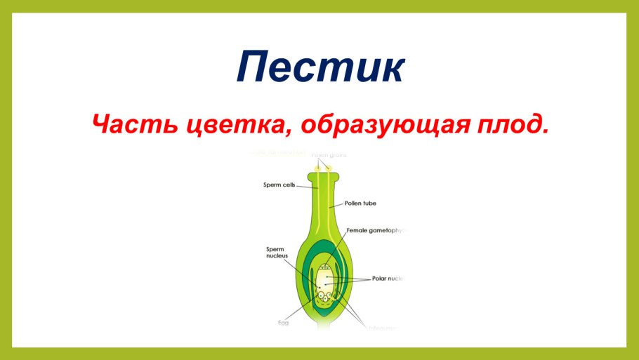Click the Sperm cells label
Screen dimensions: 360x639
pos(278,186)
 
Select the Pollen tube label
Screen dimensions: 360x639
pos(360,204)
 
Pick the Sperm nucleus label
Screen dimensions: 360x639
pos(277,253)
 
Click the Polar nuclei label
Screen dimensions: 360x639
pos(388,279)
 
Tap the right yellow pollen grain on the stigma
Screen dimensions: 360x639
pos(328,167)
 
